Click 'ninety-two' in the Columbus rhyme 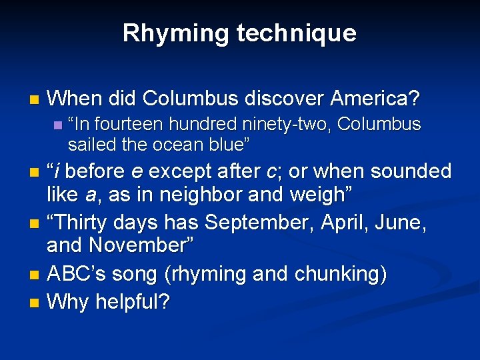(x=302, y=125)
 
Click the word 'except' (x=175, y=171)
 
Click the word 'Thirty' (x=83, y=221)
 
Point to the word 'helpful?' (x=132, y=302)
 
